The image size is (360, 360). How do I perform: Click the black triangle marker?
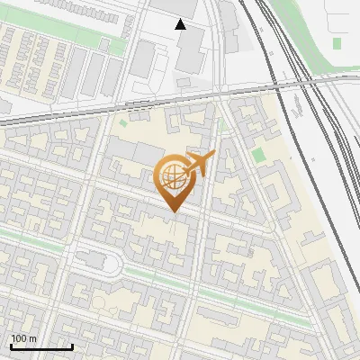click(181, 24)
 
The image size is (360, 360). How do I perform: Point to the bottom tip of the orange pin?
click(173, 212)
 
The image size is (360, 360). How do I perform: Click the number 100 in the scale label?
click(19, 338)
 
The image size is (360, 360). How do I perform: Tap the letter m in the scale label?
click(32, 338)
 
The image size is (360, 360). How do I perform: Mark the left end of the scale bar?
click(11, 346)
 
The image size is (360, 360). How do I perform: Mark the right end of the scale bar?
click(72, 346)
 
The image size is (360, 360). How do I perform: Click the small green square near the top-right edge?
click(337, 43)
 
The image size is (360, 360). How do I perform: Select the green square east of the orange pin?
click(259, 155)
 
